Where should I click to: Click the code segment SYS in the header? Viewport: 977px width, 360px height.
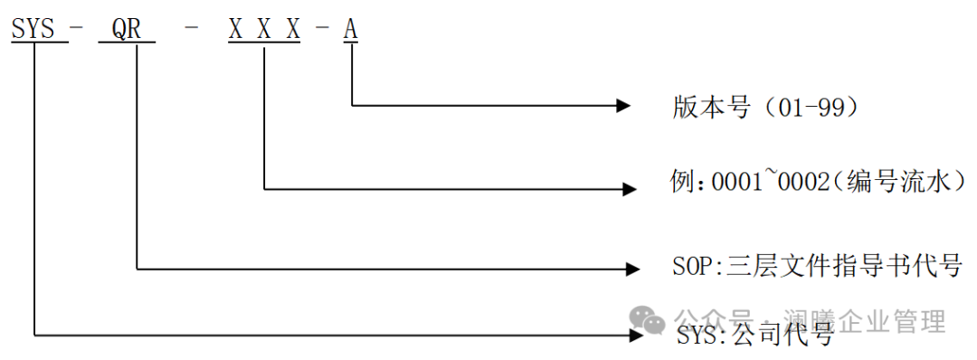pyautogui.click(x=33, y=29)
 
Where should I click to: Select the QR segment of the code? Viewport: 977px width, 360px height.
pyautogui.click(x=127, y=30)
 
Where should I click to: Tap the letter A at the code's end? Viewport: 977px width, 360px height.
pyautogui.click(x=350, y=29)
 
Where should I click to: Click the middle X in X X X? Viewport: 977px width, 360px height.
pyautogui.click(x=264, y=29)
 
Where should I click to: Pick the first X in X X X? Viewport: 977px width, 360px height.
pyautogui.click(x=235, y=29)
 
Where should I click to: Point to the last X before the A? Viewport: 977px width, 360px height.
pyautogui.click(x=293, y=29)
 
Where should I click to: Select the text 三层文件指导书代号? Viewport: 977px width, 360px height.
pyautogui.click(x=844, y=267)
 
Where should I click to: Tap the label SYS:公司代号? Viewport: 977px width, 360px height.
pyautogui.click(x=755, y=336)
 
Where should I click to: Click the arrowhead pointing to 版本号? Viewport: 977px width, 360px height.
pyautogui.click(x=623, y=105)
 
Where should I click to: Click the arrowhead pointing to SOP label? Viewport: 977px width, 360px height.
pyautogui.click(x=632, y=269)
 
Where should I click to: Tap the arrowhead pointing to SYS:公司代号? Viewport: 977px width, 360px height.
pyautogui.click(x=636, y=336)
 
